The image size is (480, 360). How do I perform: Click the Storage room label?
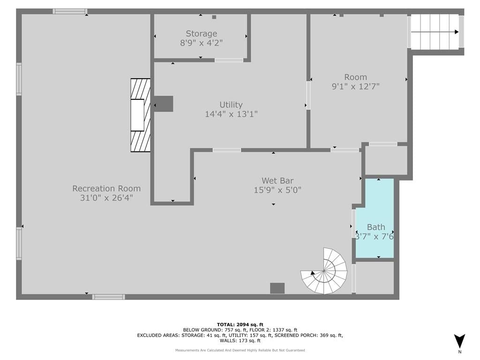(x=202, y=33)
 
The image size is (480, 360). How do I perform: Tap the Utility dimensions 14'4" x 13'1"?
(x=231, y=114)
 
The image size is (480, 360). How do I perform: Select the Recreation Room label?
(x=106, y=188)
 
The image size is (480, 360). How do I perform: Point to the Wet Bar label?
(x=277, y=180)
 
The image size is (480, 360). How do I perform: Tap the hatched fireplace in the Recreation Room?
(x=141, y=115)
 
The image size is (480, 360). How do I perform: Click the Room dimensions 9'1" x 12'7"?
(x=355, y=87)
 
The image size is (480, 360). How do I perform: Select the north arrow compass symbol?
(x=459, y=341)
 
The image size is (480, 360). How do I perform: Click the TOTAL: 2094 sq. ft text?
(x=240, y=324)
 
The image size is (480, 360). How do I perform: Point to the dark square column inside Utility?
(x=164, y=104)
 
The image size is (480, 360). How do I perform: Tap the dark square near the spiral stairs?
(x=277, y=288)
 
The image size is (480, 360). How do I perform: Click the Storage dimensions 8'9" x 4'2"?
(x=202, y=43)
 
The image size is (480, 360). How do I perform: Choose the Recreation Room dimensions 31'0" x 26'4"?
(x=106, y=198)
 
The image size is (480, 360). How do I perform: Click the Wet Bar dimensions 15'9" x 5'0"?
(x=277, y=190)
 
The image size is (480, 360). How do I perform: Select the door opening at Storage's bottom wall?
(x=229, y=60)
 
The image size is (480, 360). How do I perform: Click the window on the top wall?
(x=70, y=11)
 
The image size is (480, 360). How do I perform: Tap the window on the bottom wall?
(x=109, y=297)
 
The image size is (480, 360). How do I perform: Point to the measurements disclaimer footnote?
(x=240, y=350)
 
